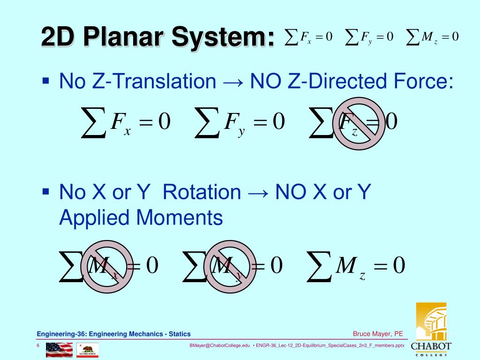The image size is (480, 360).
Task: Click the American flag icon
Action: point(59,350)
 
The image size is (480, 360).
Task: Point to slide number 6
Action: point(38,345)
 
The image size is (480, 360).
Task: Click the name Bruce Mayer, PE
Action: point(378,334)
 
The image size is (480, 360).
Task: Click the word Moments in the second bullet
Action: point(180,217)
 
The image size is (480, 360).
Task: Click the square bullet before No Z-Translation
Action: point(45,80)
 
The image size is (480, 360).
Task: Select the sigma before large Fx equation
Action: point(94,123)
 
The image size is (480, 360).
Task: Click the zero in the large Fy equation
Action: point(278,122)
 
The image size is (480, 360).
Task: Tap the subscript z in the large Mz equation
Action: point(362,276)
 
